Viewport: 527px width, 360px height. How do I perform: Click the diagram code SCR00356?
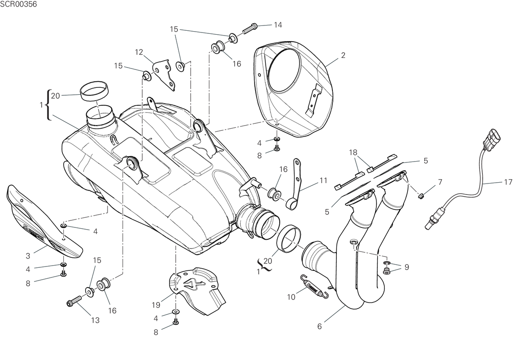[18, 4]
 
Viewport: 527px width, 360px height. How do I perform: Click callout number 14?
[278, 25]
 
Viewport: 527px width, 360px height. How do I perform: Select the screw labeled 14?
[249, 28]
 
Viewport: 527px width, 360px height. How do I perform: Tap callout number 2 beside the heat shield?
[343, 55]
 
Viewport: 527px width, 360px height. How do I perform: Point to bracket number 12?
[165, 74]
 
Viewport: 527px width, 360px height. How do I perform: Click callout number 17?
[508, 182]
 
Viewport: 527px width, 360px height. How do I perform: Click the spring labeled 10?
[314, 287]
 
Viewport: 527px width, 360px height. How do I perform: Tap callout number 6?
[320, 326]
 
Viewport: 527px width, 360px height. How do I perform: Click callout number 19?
[156, 305]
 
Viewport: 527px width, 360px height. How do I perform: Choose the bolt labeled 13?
[74, 301]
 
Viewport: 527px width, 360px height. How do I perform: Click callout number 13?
[95, 320]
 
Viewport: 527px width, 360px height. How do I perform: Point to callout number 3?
[28, 256]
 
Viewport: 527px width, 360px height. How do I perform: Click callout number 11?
[324, 180]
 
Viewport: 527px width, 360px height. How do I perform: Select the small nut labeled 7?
[421, 195]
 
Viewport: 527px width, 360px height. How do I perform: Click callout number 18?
[353, 153]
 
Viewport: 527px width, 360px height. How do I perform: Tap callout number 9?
[407, 267]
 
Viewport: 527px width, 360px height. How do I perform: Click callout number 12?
[139, 52]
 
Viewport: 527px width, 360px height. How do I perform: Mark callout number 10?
[291, 297]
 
